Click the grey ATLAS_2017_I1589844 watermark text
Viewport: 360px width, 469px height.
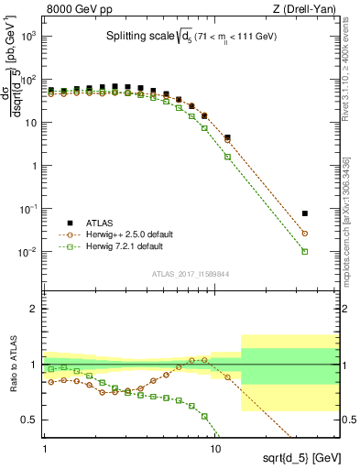[191, 274]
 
